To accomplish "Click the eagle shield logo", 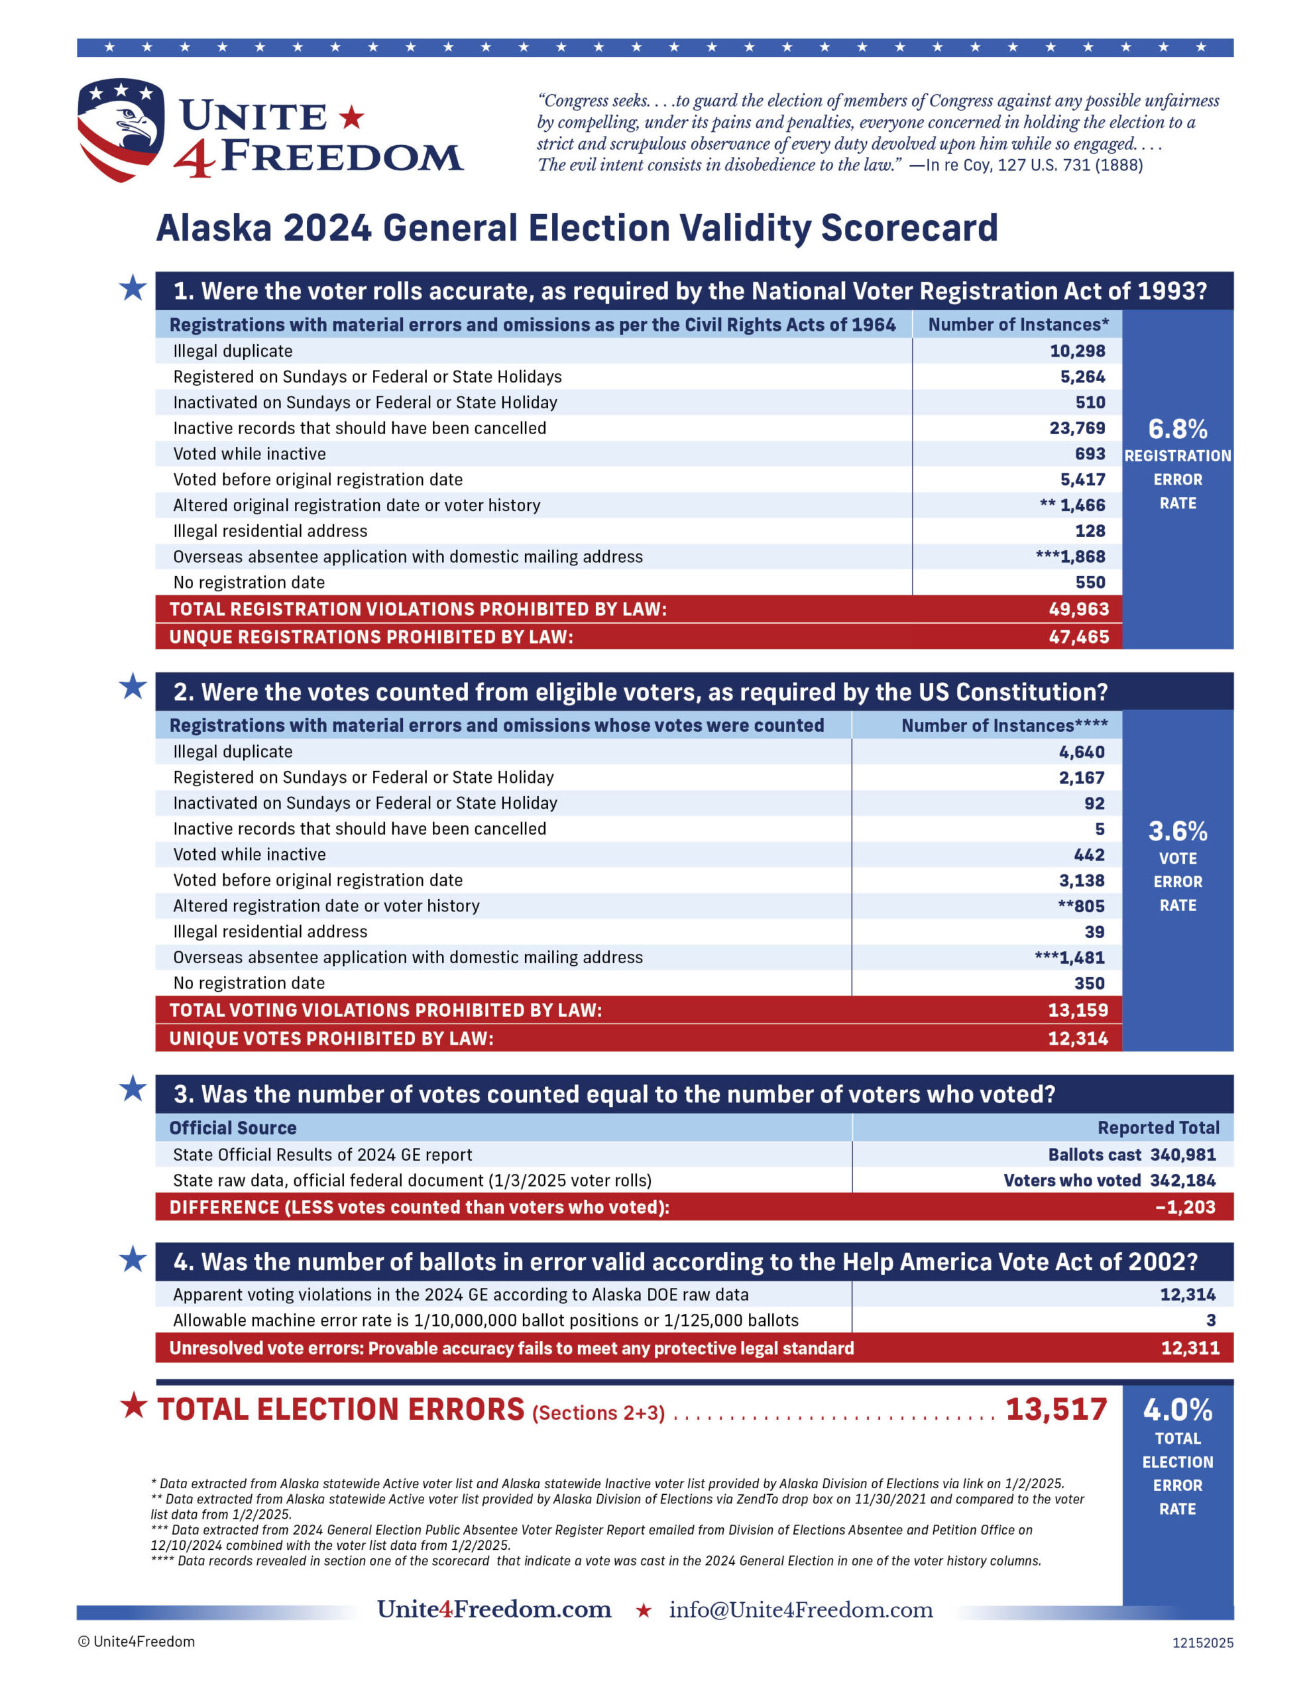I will click(x=121, y=129).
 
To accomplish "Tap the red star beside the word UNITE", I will click(x=352, y=117).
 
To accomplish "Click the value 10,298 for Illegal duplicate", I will click(x=1077, y=351).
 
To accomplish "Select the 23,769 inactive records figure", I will click(x=1077, y=428).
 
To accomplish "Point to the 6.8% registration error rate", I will click(x=1177, y=429).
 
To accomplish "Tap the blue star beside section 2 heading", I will click(x=133, y=687).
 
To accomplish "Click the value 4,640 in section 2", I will click(x=1081, y=752).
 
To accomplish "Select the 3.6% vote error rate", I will click(x=1177, y=831).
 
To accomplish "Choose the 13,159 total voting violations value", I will click(x=1078, y=1010).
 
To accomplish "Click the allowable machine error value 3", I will click(x=1211, y=1320).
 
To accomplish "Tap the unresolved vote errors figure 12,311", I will click(x=1190, y=1348).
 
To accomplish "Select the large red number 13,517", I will click(x=1056, y=1409).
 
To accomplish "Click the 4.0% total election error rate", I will click(x=1177, y=1410).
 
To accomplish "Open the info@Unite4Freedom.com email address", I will click(x=801, y=1609).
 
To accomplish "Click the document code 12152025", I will click(x=1202, y=1643).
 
